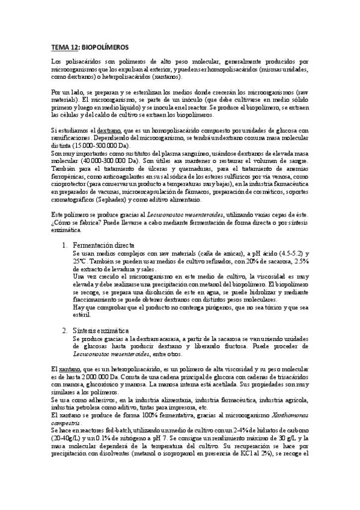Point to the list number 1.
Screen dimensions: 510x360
click(65, 229)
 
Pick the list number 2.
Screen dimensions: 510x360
click(65, 330)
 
